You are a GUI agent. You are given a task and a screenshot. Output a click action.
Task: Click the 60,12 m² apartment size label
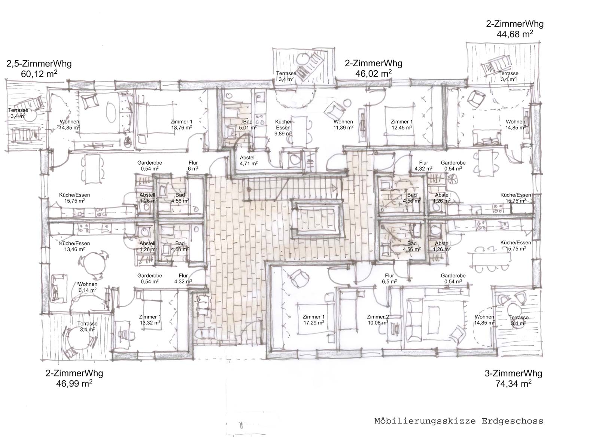click(x=39, y=74)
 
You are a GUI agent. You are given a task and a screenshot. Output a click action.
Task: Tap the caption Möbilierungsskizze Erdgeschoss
click(x=459, y=421)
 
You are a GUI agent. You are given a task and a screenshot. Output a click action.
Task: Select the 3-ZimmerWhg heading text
click(x=513, y=373)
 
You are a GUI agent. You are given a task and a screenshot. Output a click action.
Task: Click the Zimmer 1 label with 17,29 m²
click(x=313, y=320)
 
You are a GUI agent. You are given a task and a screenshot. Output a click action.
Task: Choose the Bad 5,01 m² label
click(x=247, y=125)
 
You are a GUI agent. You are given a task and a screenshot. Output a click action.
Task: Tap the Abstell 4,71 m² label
click(x=249, y=161)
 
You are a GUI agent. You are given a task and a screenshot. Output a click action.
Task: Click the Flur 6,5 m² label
click(x=389, y=278)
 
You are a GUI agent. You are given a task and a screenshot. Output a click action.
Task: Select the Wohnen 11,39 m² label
click(x=343, y=125)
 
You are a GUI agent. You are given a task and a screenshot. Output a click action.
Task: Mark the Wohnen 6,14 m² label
click(x=88, y=287)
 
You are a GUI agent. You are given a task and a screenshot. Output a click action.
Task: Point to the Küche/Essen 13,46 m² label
click(x=75, y=246)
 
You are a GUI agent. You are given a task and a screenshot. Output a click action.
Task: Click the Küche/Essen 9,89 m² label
click(x=283, y=128)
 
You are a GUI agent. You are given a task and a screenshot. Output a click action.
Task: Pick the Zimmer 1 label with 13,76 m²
click(x=181, y=125)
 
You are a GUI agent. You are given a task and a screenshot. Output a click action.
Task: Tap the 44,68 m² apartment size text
click(x=515, y=34)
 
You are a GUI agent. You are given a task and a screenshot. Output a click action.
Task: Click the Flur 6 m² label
click(x=193, y=166)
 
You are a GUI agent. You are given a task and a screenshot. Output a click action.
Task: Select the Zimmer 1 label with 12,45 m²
click(x=402, y=125)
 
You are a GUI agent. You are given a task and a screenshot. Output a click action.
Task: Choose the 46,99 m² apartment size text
click(x=75, y=383)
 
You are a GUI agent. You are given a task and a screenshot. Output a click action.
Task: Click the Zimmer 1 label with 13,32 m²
click(x=150, y=320)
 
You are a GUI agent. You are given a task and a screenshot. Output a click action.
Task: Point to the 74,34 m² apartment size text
click(x=513, y=384)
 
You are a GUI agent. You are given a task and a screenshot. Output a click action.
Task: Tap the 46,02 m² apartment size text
click(x=374, y=73)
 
